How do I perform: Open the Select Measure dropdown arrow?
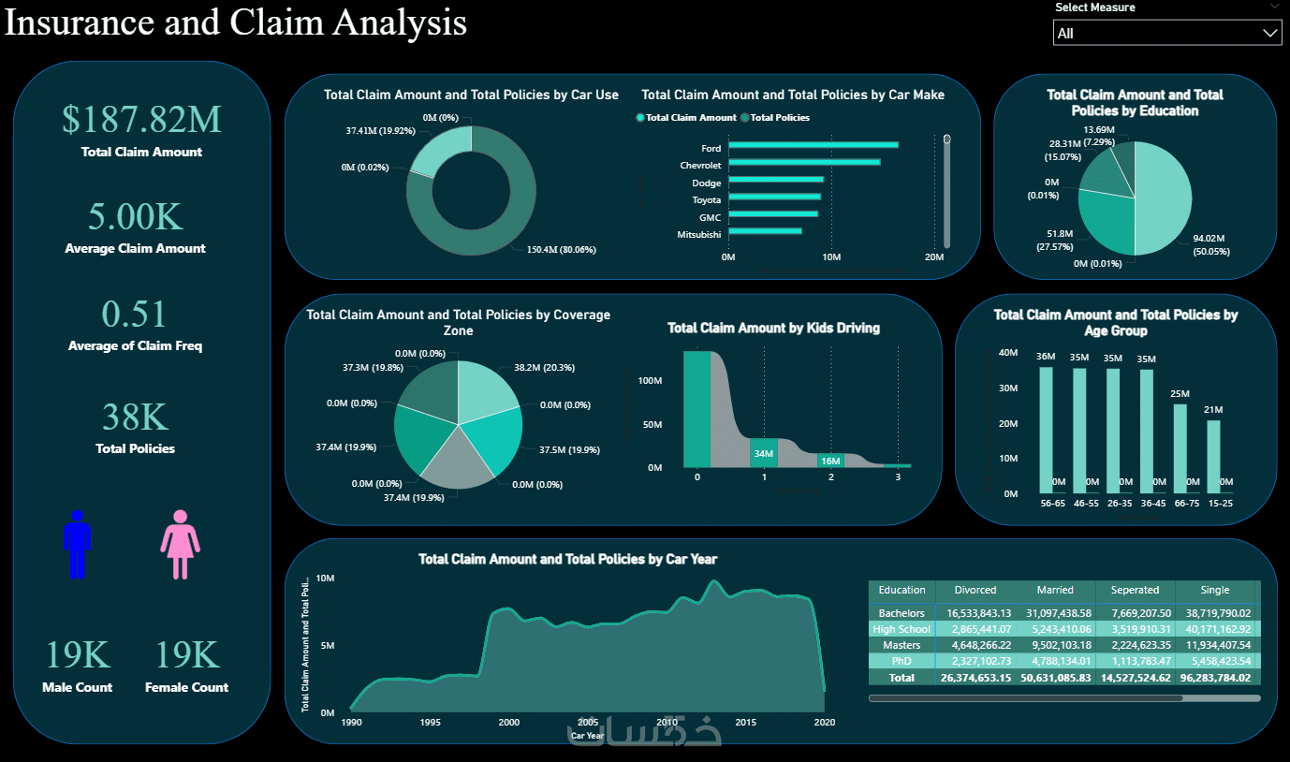tap(1269, 34)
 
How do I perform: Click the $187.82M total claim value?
tap(141, 119)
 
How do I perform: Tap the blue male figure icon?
tap(77, 544)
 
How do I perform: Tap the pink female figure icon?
tap(180, 544)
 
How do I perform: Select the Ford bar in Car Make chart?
tap(813, 145)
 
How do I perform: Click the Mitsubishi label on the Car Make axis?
tap(698, 234)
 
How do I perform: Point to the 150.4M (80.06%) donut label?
tap(554, 250)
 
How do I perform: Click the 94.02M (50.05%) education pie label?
tap(1211, 245)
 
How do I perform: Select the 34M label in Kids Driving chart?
tap(764, 454)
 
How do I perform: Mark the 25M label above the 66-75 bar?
tap(1180, 393)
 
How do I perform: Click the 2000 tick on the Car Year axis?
tap(509, 723)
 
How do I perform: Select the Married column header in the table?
tap(1054, 590)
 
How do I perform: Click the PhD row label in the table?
tap(902, 661)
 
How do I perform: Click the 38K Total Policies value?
tap(135, 417)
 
